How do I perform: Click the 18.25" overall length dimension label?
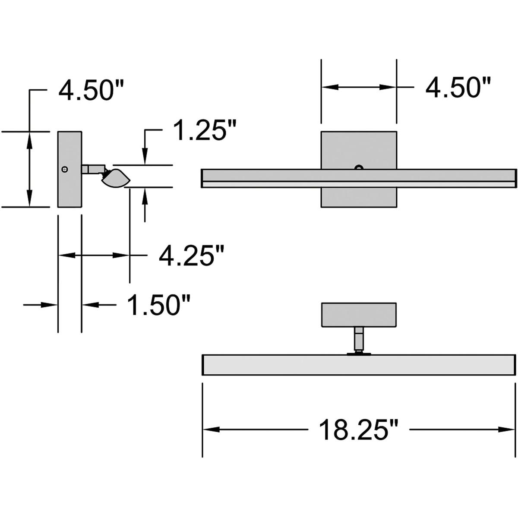(x=358, y=429)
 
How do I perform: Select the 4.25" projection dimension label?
(x=192, y=256)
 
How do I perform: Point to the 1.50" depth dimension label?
(x=159, y=305)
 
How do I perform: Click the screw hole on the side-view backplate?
(x=65, y=169)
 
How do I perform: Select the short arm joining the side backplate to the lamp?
(x=92, y=168)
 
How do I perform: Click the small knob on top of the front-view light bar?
(x=358, y=167)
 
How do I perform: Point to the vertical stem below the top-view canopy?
(x=358, y=338)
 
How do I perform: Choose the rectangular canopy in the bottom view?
(x=359, y=314)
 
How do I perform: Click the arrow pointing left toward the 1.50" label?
(x=89, y=305)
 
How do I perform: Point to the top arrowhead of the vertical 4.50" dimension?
(x=29, y=138)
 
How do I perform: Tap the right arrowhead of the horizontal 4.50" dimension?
(x=388, y=87)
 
